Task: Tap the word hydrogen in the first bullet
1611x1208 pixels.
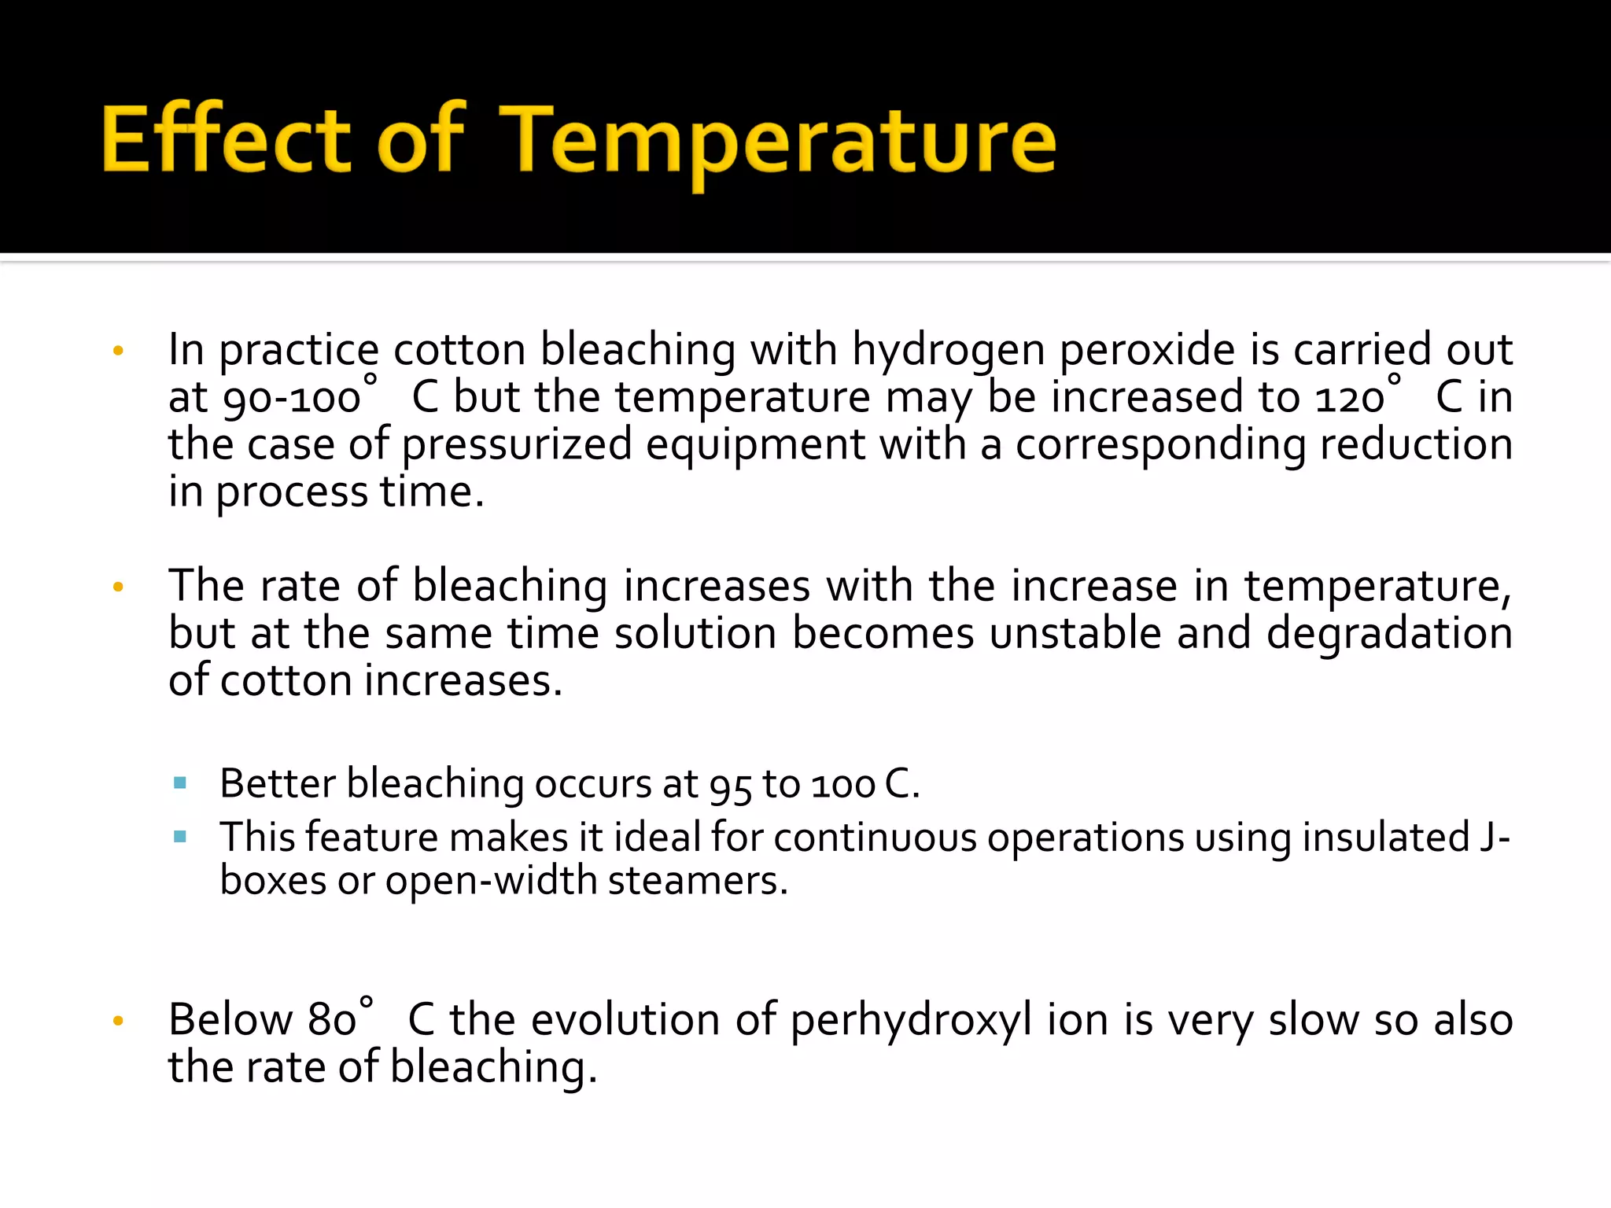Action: click(x=949, y=350)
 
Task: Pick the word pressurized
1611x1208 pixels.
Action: click(x=517, y=445)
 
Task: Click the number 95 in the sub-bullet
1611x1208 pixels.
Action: click(x=730, y=785)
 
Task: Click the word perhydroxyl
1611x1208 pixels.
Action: click(x=911, y=1020)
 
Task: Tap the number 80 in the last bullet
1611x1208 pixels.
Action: click(x=332, y=1020)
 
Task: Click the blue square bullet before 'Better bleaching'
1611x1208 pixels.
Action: click(x=180, y=783)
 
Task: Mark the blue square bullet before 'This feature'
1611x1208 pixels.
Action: click(x=180, y=837)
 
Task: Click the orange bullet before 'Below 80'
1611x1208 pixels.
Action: click(x=119, y=1022)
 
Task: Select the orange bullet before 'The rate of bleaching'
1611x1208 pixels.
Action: click(x=119, y=587)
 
